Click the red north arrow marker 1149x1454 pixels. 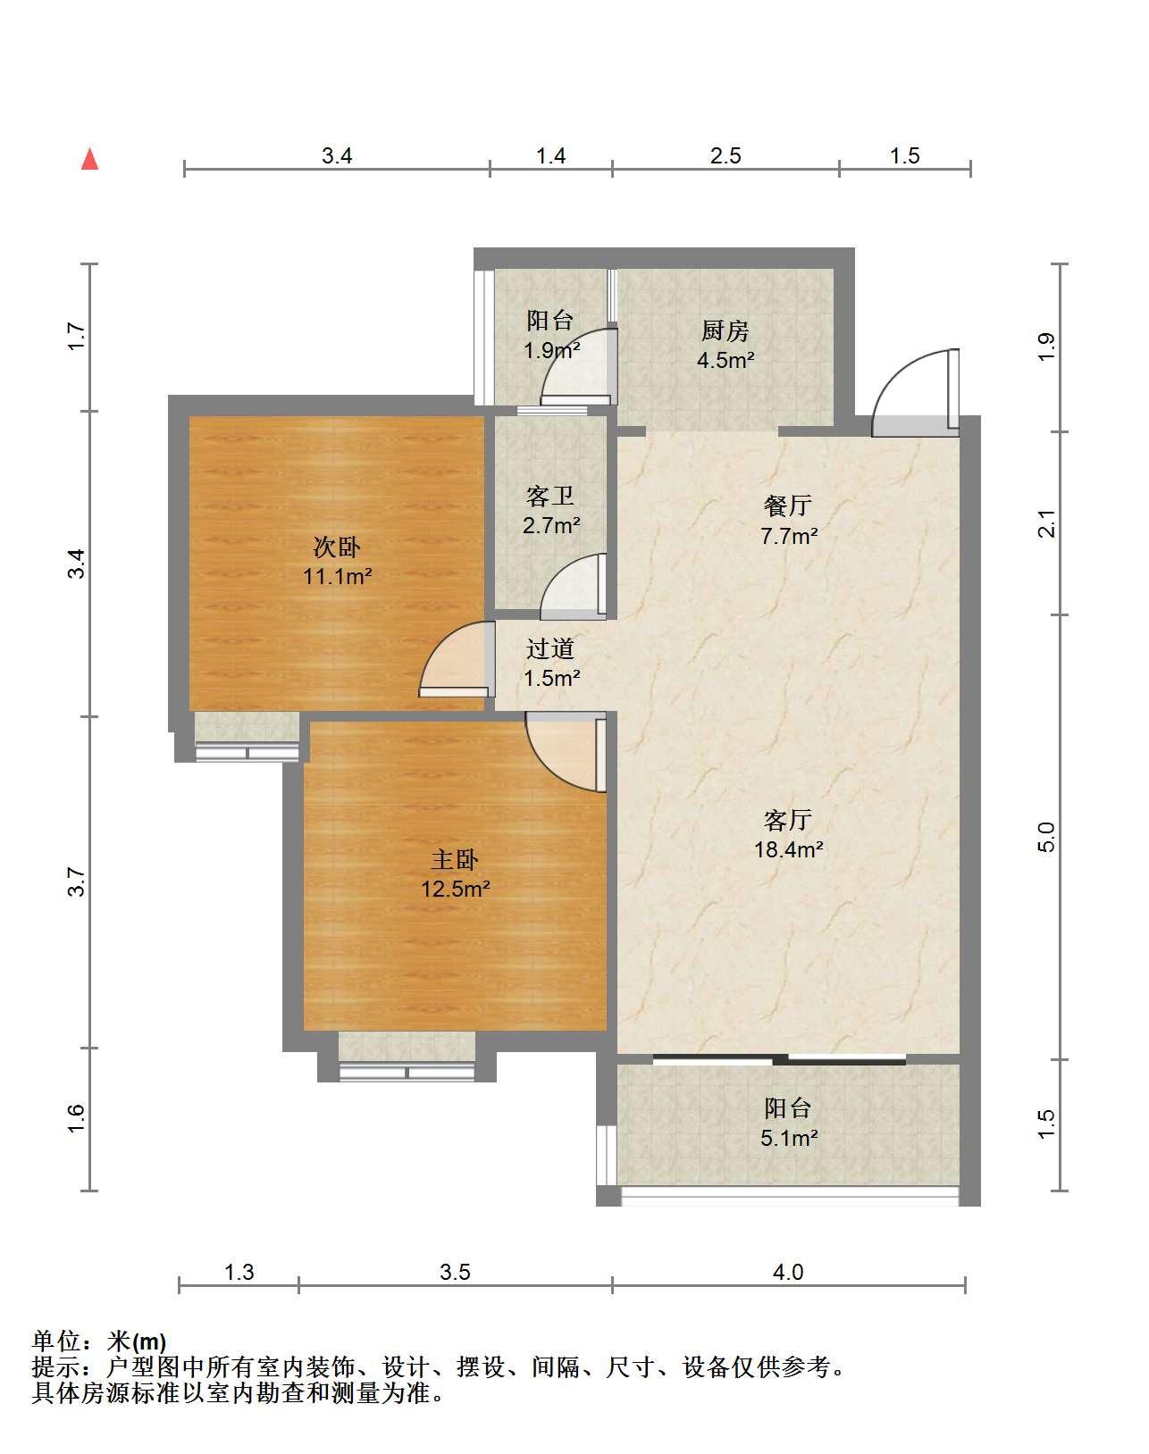90,159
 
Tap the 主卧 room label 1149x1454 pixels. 455,860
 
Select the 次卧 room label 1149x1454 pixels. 337,547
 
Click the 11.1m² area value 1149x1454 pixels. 337,576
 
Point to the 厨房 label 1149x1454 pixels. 725,330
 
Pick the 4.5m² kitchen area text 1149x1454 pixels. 725,360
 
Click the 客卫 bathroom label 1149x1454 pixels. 550,497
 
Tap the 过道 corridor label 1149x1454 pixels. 550,648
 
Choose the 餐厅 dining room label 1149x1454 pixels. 788,506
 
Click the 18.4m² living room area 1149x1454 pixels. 789,849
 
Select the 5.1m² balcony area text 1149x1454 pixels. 789,1139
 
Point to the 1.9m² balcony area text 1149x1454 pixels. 551,350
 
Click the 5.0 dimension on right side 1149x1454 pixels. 1045,837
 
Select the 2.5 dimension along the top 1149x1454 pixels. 725,156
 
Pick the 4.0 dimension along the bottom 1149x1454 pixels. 788,1272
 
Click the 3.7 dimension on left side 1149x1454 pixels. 77,882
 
